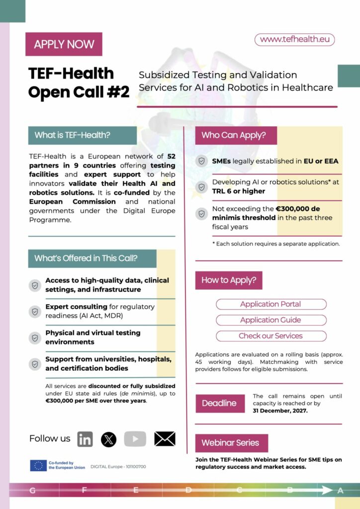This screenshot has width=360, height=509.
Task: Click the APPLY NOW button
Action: (64, 44)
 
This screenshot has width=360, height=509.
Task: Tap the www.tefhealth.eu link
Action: (294, 40)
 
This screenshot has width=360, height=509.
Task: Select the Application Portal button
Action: (271, 304)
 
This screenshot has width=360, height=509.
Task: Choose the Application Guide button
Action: (271, 320)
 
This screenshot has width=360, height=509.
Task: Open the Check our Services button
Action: (271, 336)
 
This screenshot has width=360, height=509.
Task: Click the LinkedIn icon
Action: (85, 439)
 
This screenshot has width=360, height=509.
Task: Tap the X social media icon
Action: (108, 439)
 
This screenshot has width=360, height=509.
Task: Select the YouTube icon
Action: (135, 439)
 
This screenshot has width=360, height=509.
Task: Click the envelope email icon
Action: (165, 439)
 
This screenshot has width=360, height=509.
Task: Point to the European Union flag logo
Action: (38, 466)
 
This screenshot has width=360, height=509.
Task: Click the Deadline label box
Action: (219, 403)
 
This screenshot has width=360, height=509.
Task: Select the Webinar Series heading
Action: (231, 443)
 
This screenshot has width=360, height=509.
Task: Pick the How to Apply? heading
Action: (229, 280)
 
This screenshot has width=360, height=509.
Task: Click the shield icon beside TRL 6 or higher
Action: (202, 187)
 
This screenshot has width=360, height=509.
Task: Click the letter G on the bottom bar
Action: (32, 491)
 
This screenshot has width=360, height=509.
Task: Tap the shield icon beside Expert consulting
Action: (35, 312)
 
